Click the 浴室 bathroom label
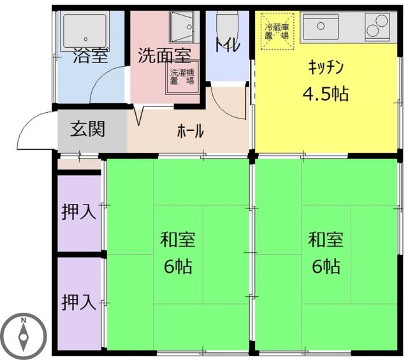tap(91, 56)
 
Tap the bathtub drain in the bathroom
tap(86, 40)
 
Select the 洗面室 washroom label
tap(164, 55)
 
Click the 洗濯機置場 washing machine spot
tap(182, 77)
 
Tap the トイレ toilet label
tap(227, 45)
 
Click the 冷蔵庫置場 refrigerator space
tap(277, 31)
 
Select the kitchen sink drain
tap(321, 26)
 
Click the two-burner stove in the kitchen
tap(377, 27)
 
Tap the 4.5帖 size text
tap(326, 94)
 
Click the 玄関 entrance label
tap(88, 129)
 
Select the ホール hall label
tap(190, 131)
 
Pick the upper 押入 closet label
tap(79, 212)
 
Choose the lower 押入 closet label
tap(79, 302)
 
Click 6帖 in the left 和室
tap(178, 266)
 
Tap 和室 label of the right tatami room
tap(326, 240)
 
